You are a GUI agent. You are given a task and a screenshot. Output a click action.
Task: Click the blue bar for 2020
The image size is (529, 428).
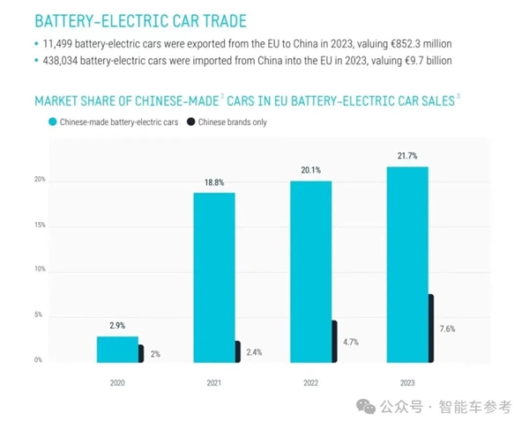point(117,349)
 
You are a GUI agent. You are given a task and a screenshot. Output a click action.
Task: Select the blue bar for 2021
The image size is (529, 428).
point(214,277)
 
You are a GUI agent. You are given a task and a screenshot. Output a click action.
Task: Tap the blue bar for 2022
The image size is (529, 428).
point(311,271)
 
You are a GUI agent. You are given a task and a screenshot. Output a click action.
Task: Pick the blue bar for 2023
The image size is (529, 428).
point(407,264)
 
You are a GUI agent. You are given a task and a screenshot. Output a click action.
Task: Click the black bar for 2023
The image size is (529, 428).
point(431,328)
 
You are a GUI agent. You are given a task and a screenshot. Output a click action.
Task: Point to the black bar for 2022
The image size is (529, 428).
point(334,341)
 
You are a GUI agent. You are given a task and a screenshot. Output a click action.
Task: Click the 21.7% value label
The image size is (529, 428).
point(407,156)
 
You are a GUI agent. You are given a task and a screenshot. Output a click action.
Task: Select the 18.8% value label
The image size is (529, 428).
point(214,182)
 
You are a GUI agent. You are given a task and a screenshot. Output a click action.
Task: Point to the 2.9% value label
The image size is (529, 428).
point(117,326)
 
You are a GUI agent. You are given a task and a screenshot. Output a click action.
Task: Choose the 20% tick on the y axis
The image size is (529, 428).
point(39,180)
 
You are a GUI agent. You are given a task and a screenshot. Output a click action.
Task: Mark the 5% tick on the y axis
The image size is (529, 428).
point(39,314)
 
